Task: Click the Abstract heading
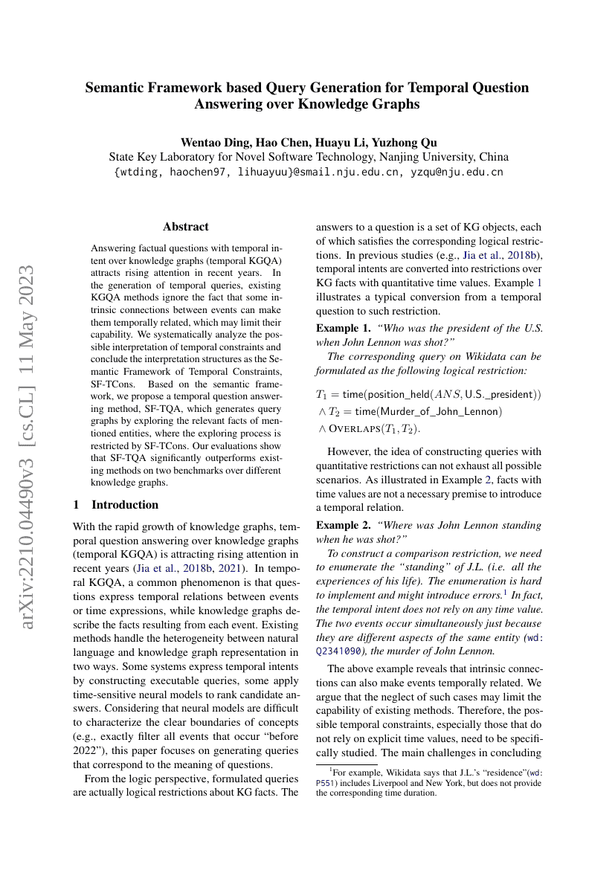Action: click(185, 227)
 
